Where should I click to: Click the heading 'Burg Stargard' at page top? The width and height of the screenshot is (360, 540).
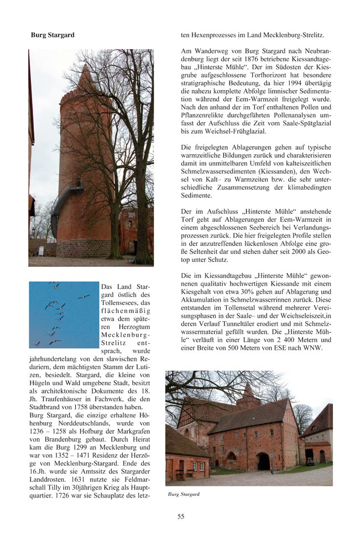click(x=53, y=35)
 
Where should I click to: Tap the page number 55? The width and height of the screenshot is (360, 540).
click(x=181, y=516)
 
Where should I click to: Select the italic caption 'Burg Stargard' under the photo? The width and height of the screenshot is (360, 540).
click(x=184, y=494)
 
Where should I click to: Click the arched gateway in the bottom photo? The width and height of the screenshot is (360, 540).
click(x=263, y=461)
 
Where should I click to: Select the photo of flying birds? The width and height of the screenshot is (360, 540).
click(x=63, y=314)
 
